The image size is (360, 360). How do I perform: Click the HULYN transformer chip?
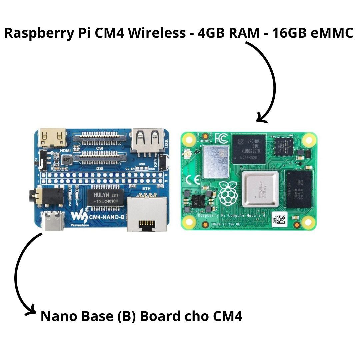(x=105, y=198)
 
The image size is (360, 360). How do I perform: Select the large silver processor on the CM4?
(x=260, y=190)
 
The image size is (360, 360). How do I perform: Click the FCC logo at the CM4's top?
(x=222, y=138)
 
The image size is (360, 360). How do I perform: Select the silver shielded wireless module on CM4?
(x=216, y=162)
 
